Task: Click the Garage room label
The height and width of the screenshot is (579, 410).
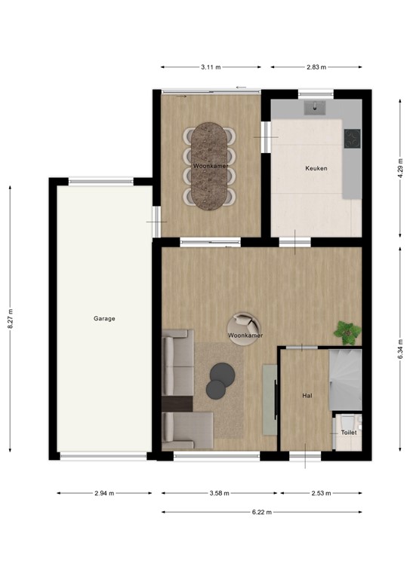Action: [x=104, y=319]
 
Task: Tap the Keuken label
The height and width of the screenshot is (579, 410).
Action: [x=316, y=168]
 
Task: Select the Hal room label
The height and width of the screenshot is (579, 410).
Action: [x=307, y=395]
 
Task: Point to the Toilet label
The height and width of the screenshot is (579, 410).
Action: [x=348, y=433]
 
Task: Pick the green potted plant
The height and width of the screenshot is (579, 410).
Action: [x=347, y=331]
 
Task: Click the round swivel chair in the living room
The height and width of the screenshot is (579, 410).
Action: [x=243, y=329]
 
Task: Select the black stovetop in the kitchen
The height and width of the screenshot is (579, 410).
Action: [x=352, y=139]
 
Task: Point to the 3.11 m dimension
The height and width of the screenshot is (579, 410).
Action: [x=211, y=67]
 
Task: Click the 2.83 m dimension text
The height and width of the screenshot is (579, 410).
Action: [x=316, y=67]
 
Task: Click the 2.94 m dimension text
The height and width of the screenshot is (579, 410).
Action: [x=104, y=493]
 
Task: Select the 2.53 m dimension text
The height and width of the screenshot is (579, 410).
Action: [x=321, y=493]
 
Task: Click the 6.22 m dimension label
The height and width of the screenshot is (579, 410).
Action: [x=260, y=512]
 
